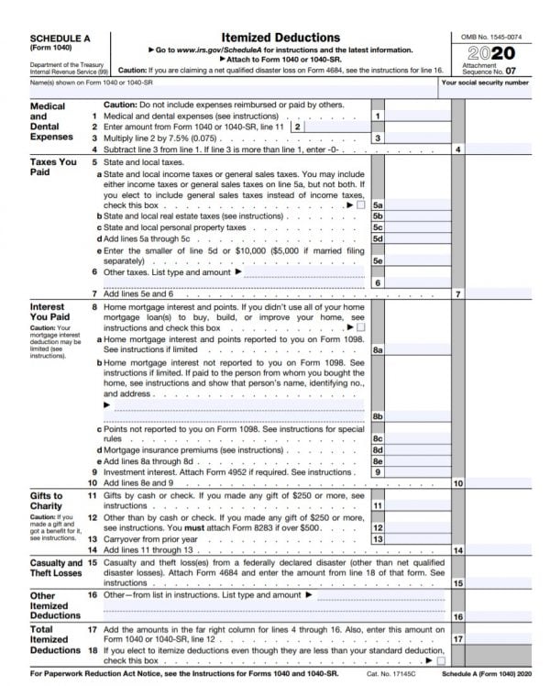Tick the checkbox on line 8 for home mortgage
(x=360, y=327)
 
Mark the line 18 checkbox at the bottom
(x=441, y=659)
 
